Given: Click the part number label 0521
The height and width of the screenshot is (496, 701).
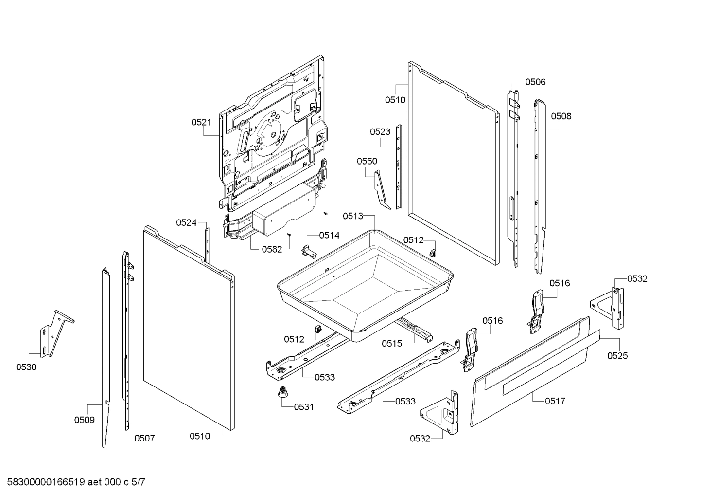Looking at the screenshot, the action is pos(201,122).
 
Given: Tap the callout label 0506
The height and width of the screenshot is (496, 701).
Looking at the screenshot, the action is pos(535,82).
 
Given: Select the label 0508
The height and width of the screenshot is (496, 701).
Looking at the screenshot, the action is pos(561,116).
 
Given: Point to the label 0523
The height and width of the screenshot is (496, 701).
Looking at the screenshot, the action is pos(380,132).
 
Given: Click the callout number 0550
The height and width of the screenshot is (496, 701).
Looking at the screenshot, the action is pos(367,162).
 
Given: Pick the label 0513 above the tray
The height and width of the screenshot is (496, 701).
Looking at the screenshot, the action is pos(353,216).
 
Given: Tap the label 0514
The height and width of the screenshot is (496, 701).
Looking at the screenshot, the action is pos(329,235).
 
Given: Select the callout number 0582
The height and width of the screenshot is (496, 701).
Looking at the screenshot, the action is pos(272,249).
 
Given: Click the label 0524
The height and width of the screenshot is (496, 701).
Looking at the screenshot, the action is pos(186,223).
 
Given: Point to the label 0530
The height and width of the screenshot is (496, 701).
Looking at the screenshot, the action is pos(26,367).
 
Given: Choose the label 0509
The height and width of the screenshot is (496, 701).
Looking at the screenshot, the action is pos(84,420).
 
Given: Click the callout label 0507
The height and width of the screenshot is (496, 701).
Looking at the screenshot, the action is pos(144,438).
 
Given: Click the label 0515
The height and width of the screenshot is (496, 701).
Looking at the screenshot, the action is pos(392,344).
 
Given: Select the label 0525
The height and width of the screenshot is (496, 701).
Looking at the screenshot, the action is pos(618,356).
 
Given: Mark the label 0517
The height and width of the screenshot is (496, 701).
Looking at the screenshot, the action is pos(555,401).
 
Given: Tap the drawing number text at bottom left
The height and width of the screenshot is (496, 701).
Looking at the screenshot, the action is pos(76,482).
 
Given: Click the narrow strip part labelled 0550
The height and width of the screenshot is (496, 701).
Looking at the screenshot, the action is pos(382,191).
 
